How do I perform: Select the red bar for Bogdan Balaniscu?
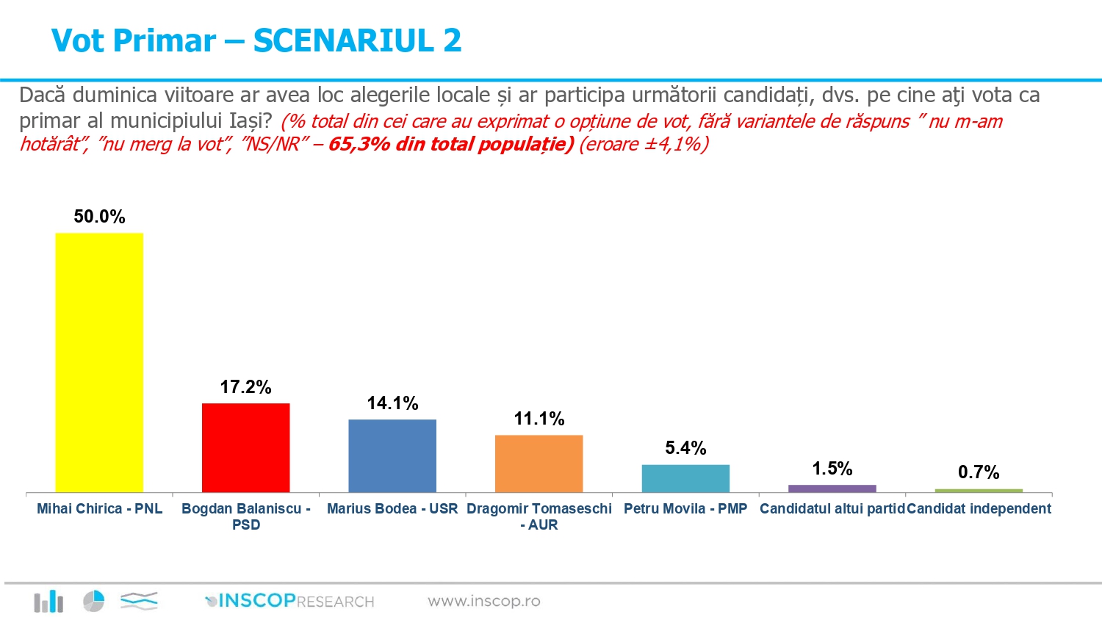(245, 447)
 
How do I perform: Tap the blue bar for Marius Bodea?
(392, 455)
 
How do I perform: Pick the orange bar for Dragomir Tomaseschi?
(539, 464)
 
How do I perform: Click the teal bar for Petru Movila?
(685, 478)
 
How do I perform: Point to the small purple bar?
(832, 489)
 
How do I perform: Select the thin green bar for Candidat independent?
(979, 491)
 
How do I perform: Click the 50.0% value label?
(99, 217)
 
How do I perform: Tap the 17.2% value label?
(245, 387)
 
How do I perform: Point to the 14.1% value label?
(392, 403)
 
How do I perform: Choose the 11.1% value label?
(539, 419)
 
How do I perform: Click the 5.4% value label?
(685, 448)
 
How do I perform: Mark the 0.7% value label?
(979, 472)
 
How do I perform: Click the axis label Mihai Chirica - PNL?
(99, 508)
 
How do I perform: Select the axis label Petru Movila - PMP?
(685, 508)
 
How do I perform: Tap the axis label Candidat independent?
(979, 508)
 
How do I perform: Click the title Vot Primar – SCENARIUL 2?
(256, 40)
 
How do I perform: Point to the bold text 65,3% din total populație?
(450, 144)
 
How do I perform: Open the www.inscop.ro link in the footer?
(483, 602)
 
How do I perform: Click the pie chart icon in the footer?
(93, 601)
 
